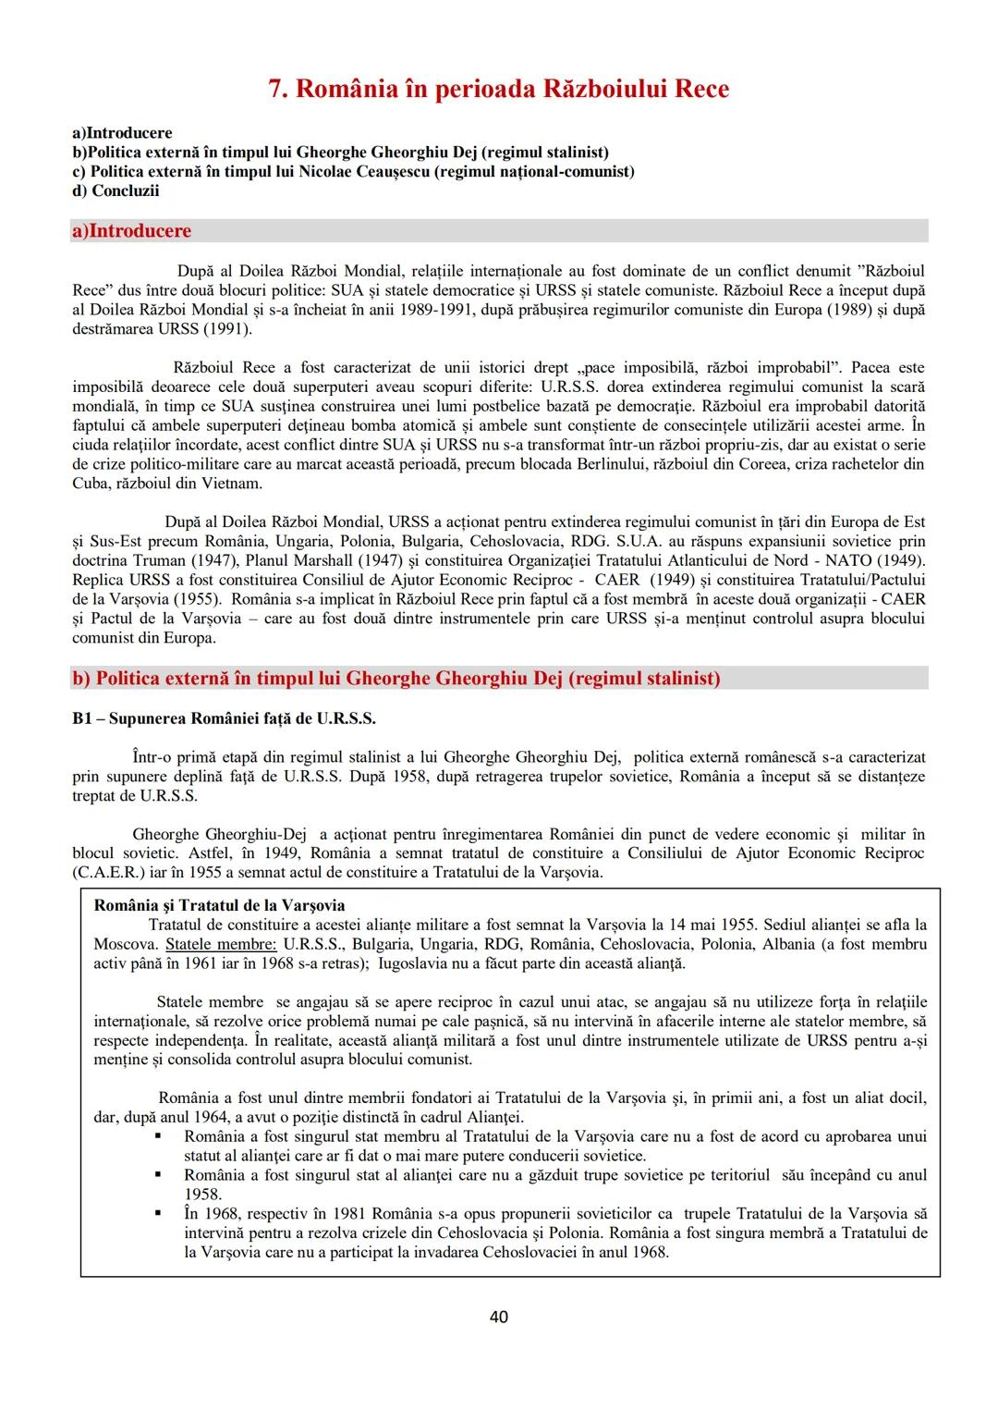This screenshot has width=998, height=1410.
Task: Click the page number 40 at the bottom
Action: click(498, 1317)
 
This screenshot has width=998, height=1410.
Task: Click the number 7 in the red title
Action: click(274, 89)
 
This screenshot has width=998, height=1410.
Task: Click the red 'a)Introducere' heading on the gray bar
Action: click(131, 230)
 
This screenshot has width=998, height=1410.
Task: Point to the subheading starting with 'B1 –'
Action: click(224, 718)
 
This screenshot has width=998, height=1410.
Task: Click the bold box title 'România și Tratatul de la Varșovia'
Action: click(220, 905)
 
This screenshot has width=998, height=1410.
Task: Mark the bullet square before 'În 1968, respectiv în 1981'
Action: click(159, 1213)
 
